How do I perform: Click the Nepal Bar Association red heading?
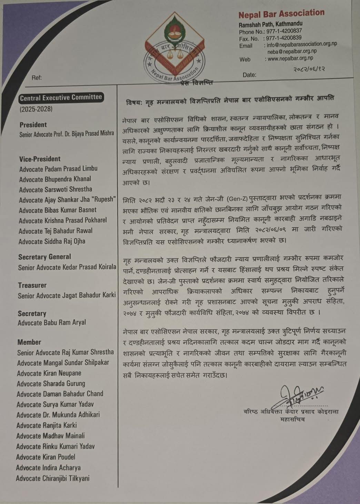281,14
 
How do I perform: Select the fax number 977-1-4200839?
284,38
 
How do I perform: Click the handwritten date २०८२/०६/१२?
309,69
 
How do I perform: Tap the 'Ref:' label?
36,78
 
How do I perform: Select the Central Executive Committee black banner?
61,98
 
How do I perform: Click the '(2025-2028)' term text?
36,109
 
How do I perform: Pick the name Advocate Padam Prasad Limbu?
58,169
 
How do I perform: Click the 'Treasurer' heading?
32,285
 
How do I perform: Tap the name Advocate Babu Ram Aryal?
52,323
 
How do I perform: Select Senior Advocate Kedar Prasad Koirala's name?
67,267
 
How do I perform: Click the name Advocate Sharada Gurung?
51,384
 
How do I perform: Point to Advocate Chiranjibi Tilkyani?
53,478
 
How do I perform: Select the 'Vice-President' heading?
40,159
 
